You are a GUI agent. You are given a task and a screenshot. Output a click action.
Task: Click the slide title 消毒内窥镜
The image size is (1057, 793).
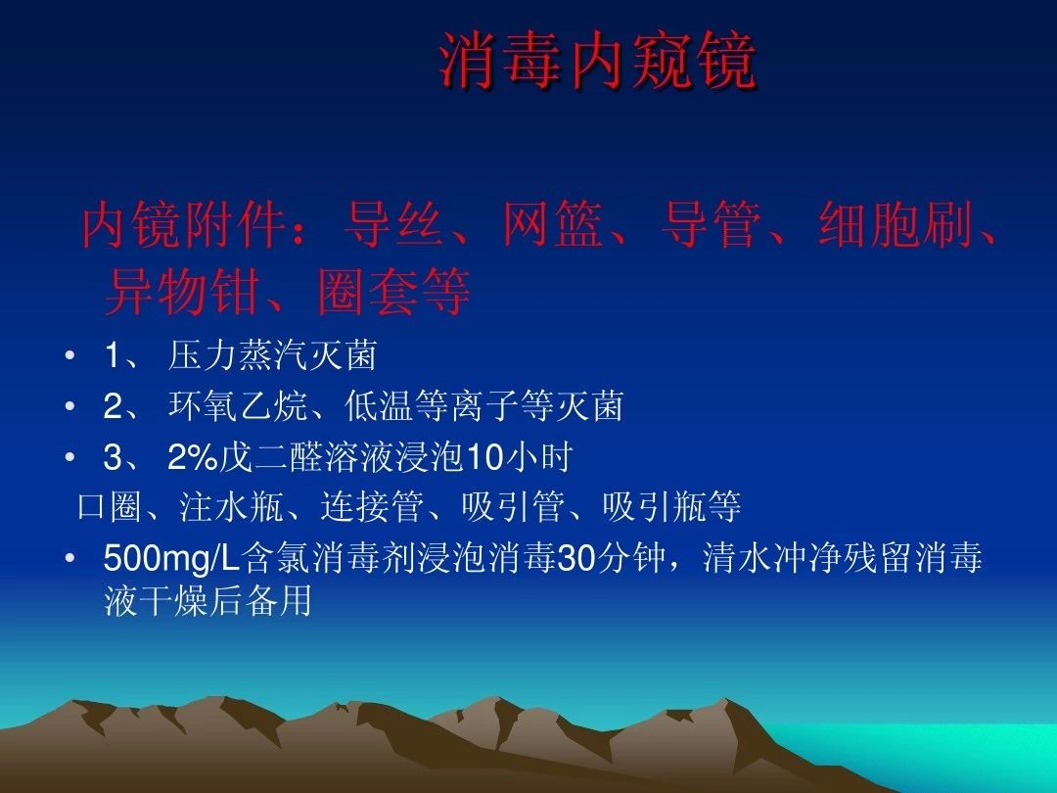(x=598, y=62)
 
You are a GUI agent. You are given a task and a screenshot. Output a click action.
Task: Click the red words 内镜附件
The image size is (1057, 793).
(x=182, y=224)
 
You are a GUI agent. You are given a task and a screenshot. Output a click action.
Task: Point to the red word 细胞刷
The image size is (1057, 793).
(x=896, y=224)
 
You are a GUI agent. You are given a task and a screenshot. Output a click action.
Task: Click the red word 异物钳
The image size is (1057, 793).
(x=182, y=292)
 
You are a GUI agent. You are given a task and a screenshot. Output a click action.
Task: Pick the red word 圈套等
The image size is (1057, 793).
(x=393, y=292)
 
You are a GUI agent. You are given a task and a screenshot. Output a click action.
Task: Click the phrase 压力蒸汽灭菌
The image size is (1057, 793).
(x=272, y=355)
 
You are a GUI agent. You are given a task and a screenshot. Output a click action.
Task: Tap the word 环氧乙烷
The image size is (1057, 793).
(x=238, y=406)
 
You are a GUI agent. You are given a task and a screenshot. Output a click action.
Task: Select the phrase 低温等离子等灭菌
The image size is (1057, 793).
(x=483, y=406)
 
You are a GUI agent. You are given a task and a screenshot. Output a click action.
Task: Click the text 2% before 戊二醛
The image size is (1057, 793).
(x=192, y=457)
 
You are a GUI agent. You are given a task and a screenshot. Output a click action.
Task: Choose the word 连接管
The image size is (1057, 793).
(x=372, y=507)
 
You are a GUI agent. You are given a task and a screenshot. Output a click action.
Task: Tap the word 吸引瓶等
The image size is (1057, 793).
(x=671, y=507)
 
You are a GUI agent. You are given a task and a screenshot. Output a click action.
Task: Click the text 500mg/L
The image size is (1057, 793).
(x=172, y=559)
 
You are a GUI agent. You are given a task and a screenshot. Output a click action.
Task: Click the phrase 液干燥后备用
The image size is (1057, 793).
(x=207, y=601)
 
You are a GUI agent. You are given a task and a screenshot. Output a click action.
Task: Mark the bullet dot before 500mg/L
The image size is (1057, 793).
(x=69, y=558)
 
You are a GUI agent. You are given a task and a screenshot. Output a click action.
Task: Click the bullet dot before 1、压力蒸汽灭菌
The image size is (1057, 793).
(x=69, y=355)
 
